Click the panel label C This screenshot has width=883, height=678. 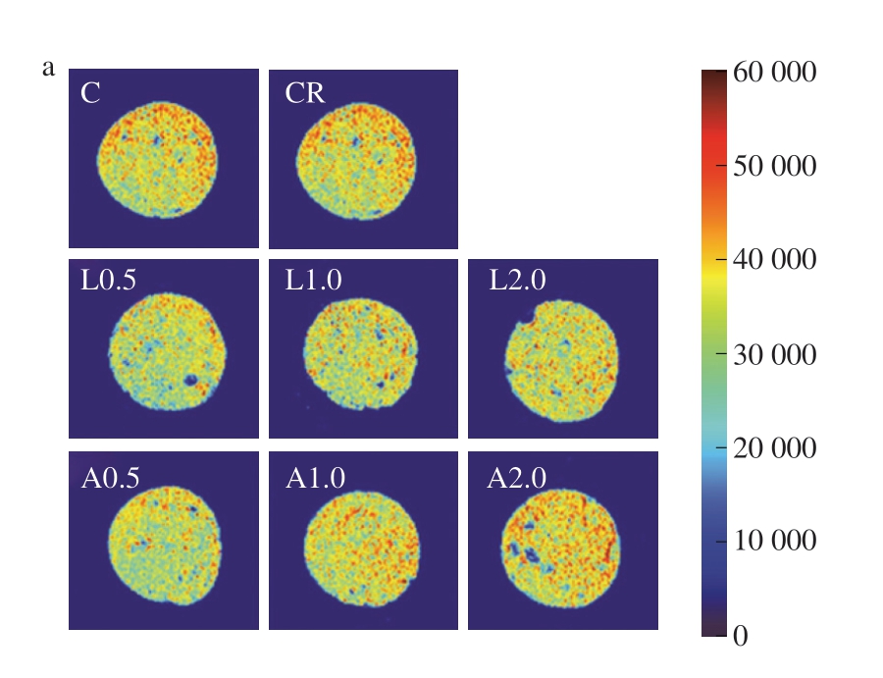click(90, 94)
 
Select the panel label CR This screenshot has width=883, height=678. click(305, 94)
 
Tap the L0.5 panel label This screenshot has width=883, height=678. click(108, 281)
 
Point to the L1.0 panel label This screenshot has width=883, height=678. click(314, 281)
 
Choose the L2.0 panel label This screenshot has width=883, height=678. click(517, 281)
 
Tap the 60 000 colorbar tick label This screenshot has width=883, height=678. click(775, 74)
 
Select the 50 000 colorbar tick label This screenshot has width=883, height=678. click(775, 167)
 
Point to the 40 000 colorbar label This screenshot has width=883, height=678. click(775, 261)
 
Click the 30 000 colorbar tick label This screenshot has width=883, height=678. click(775, 355)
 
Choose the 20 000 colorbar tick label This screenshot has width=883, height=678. click(775, 448)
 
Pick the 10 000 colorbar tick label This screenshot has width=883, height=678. click(775, 543)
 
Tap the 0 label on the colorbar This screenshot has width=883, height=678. click(741, 636)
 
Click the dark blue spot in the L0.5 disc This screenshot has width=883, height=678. click(191, 380)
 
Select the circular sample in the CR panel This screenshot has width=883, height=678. click(356, 158)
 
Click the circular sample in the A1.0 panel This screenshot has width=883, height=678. click(362, 545)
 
